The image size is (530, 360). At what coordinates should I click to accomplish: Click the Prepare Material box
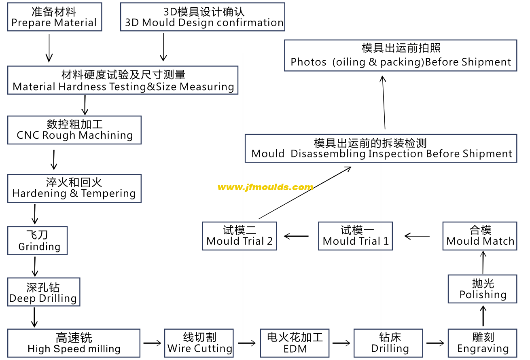(x=55, y=17)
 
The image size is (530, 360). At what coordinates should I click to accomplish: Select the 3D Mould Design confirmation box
(x=203, y=17)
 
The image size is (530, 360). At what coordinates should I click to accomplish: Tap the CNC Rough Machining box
(x=74, y=130)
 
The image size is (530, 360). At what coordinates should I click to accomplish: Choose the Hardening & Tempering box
(x=74, y=188)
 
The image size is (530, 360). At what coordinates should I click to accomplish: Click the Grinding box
(x=38, y=241)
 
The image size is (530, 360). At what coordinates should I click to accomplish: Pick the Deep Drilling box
(x=44, y=292)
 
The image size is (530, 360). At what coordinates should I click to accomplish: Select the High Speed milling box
(x=74, y=343)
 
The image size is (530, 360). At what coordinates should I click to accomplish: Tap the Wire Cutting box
(x=199, y=343)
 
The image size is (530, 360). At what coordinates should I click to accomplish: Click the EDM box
(x=295, y=343)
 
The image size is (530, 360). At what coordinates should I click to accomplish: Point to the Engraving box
(x=483, y=343)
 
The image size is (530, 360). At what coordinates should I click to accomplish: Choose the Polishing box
(x=483, y=289)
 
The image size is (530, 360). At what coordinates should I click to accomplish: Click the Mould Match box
(x=480, y=236)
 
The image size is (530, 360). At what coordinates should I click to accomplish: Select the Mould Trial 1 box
(x=355, y=236)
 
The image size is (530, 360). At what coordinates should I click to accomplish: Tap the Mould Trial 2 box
(x=240, y=236)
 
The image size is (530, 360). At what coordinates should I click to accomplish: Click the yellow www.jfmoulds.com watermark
(x=265, y=187)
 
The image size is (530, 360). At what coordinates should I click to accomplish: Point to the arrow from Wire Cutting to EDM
(x=247, y=343)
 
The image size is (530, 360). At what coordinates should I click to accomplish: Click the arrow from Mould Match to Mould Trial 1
(x=417, y=236)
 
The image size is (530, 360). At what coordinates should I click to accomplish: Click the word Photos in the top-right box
(x=308, y=62)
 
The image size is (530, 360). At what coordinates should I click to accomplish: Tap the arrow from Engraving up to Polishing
(x=483, y=316)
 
